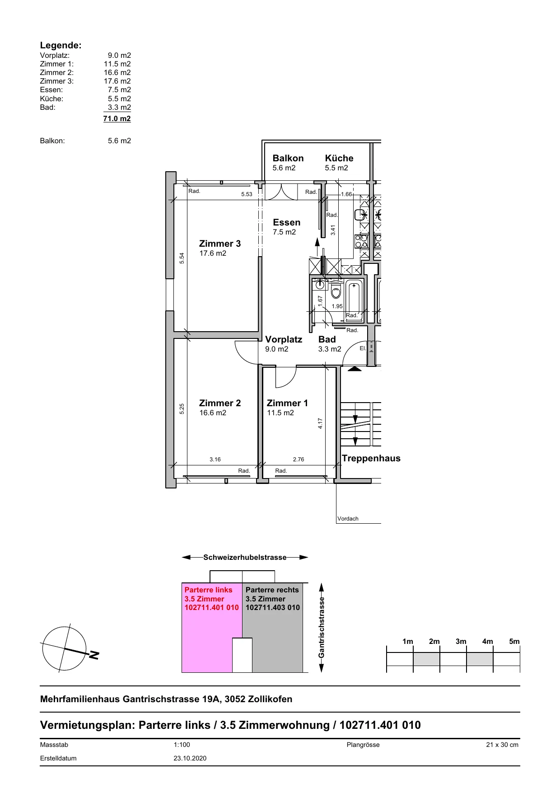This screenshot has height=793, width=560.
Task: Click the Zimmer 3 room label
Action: (x=220, y=244)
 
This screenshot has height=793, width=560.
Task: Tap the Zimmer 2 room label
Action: (x=220, y=403)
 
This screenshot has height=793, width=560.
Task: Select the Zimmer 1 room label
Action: (x=287, y=403)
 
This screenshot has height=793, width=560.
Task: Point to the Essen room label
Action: (x=287, y=222)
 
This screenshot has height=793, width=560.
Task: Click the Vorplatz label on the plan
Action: (x=284, y=339)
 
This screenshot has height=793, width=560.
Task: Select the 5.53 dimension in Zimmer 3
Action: (x=247, y=194)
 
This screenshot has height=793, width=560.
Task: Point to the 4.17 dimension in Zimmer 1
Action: (x=320, y=423)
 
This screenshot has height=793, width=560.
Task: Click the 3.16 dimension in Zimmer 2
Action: (x=215, y=460)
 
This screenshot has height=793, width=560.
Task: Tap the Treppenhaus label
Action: (x=371, y=458)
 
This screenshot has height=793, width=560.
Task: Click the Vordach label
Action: (x=348, y=519)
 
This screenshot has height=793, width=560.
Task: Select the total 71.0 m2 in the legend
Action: (x=117, y=118)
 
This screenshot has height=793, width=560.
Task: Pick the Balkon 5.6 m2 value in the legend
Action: (x=119, y=141)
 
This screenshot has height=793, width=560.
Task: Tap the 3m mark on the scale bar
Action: (x=461, y=641)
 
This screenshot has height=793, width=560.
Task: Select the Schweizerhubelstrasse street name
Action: (x=245, y=557)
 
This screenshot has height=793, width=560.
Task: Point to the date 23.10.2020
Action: (x=190, y=758)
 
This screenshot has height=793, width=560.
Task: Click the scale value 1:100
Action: (x=182, y=745)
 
